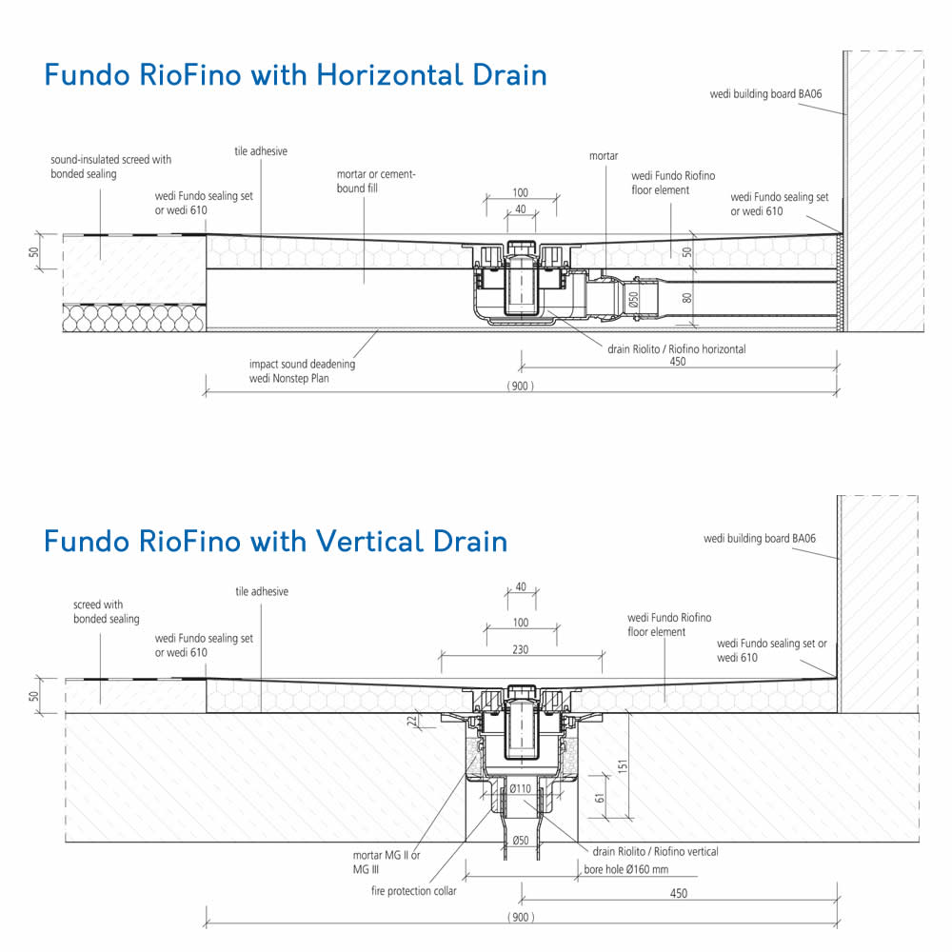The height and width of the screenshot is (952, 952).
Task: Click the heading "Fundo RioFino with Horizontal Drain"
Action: click(296, 75)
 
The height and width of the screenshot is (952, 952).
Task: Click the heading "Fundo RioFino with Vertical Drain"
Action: click(276, 541)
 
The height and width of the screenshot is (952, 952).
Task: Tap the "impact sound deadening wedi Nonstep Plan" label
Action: click(302, 371)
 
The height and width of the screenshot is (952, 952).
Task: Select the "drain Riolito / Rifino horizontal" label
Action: click(676, 349)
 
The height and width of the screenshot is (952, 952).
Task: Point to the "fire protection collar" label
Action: click(413, 891)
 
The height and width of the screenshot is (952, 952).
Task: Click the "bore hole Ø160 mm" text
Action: click(626, 869)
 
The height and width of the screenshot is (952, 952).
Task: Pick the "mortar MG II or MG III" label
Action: click(387, 863)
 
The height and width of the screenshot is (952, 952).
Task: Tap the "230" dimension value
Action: click(521, 649)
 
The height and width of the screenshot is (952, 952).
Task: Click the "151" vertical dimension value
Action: click(623, 766)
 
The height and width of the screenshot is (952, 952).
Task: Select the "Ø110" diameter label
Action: click(521, 788)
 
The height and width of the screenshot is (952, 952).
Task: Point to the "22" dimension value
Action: click(412, 722)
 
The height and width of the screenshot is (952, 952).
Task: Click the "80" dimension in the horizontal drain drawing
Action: click(687, 298)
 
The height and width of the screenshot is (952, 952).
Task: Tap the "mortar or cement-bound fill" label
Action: click(376, 181)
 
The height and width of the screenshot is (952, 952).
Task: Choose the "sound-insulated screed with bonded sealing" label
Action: click(111, 167)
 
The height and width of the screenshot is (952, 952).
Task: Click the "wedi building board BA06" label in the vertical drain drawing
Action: click(760, 539)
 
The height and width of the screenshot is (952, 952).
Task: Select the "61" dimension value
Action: click(601, 799)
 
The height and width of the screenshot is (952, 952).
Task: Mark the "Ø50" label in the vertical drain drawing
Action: click(521, 841)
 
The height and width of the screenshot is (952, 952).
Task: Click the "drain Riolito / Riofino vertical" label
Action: click(655, 852)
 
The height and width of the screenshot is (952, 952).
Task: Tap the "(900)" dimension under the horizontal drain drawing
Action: click(521, 387)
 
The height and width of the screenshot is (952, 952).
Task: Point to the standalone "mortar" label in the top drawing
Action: click(604, 156)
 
